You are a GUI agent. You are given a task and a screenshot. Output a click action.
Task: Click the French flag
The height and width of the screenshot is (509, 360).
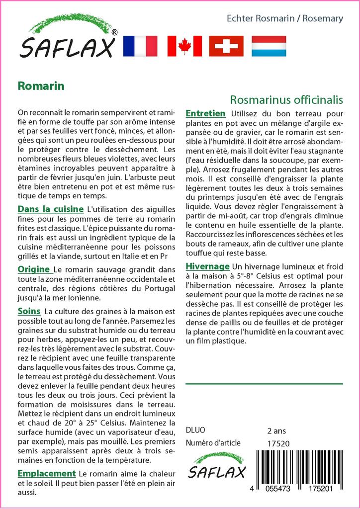click(140, 46)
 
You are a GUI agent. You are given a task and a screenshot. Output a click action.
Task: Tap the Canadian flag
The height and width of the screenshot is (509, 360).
click(184, 46)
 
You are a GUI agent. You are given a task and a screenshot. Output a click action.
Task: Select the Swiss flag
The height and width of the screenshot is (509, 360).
click(226, 46)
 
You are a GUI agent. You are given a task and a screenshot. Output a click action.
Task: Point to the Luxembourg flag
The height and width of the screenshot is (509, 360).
click(269, 46)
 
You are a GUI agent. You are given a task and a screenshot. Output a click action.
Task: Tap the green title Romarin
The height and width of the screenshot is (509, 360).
click(41, 85)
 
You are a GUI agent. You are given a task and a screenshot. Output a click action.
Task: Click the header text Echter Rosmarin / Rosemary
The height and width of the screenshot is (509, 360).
click(284, 19)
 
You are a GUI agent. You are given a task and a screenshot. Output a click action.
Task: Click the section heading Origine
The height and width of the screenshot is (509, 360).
click(34, 269)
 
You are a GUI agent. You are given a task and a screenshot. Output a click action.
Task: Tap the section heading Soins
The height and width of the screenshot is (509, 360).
click(29, 311)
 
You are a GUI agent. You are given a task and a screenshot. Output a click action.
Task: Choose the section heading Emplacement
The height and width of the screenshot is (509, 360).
click(47, 474)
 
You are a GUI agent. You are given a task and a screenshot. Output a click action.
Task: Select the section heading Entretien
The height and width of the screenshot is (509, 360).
click(205, 114)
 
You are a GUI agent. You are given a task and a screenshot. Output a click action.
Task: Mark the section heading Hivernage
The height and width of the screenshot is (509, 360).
click(207, 266)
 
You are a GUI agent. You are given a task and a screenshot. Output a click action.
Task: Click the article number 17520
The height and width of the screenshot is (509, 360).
click(278, 443)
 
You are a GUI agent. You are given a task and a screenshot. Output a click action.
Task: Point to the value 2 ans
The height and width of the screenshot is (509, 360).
click(276, 430)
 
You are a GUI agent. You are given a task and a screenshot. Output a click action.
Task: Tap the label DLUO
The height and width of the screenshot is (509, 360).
click(195, 430)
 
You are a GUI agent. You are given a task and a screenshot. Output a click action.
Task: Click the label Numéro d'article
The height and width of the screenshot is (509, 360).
click(213, 443)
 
